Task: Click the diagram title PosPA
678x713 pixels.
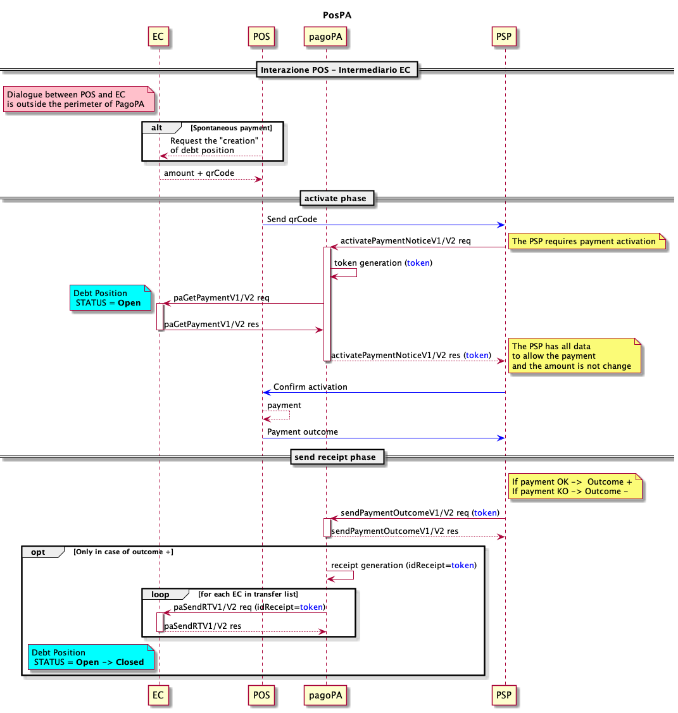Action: click(x=337, y=15)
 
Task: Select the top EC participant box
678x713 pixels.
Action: click(x=158, y=37)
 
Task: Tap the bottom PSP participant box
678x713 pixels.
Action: click(x=504, y=695)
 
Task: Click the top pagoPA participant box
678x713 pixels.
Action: click(x=325, y=37)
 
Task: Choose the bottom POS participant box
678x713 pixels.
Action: click(x=261, y=695)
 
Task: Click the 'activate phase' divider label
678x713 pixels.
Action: click(x=335, y=199)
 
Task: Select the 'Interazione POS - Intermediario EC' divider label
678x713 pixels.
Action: click(x=336, y=70)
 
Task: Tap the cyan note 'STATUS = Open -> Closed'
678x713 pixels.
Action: click(x=91, y=657)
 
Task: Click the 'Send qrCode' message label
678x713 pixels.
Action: click(x=292, y=220)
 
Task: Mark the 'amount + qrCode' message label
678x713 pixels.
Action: click(x=199, y=173)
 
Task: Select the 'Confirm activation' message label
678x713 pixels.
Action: click(x=310, y=387)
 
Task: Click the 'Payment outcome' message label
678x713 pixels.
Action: click(x=303, y=432)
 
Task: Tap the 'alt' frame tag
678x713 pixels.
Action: click(x=158, y=128)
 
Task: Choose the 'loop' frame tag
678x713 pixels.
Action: click(x=161, y=594)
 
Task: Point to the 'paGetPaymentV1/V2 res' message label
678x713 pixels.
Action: click(x=211, y=325)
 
